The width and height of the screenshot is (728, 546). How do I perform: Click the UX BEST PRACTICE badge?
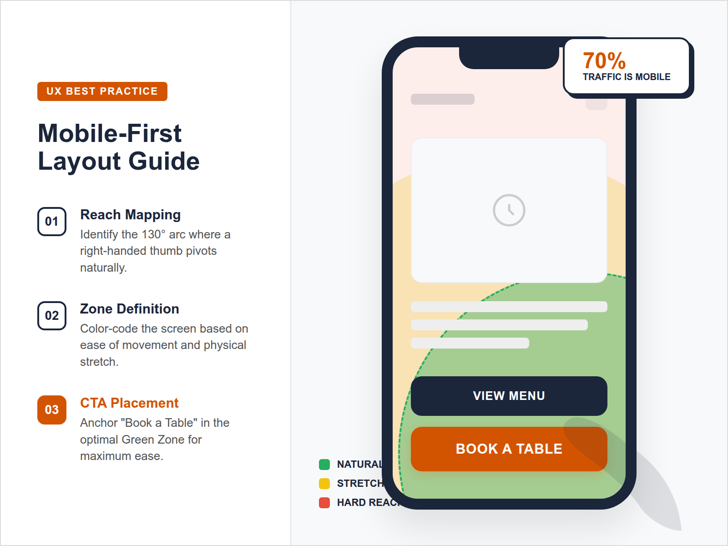pos(102,91)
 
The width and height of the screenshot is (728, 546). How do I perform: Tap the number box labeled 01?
pos(52,222)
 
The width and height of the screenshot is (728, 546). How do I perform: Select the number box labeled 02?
pos(52,316)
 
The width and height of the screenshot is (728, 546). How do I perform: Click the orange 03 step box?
pos(52,410)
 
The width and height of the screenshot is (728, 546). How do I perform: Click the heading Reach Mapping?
pos(130,215)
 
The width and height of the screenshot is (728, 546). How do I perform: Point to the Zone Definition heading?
pos(129,309)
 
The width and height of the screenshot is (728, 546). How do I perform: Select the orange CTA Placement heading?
pos(129,403)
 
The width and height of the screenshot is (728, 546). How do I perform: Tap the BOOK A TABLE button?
pos(509,449)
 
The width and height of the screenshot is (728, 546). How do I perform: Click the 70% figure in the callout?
pos(604,61)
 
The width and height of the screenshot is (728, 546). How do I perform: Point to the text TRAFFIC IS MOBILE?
pos(627,77)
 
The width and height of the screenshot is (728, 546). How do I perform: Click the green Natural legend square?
pos(324,465)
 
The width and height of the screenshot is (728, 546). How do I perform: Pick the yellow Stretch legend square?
pos(324,483)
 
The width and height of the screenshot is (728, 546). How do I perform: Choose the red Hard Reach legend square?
pos(324,503)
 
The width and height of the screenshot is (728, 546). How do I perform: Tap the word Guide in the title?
pos(164,162)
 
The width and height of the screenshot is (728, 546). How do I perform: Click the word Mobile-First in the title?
pos(110,133)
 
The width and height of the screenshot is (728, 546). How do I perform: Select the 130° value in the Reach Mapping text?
pos(153,234)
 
